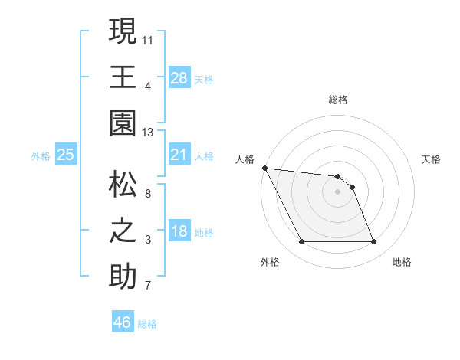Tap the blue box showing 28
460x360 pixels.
coord(179,77)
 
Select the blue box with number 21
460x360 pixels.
coord(179,155)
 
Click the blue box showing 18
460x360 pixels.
coord(179,232)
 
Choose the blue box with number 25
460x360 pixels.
coord(66,155)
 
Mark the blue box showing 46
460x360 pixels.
coord(122,322)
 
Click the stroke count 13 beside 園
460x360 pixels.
coord(149,133)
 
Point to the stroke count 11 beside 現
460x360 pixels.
coord(148,39)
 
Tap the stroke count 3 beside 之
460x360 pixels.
coord(149,241)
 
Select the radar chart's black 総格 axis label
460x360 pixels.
coord(338,100)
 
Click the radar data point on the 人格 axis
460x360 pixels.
coord(265,168)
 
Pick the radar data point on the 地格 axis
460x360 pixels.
coord(374,242)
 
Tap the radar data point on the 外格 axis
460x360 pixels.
coord(301,242)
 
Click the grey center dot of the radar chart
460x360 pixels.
coord(338,191)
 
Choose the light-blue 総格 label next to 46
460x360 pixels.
coord(147,324)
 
